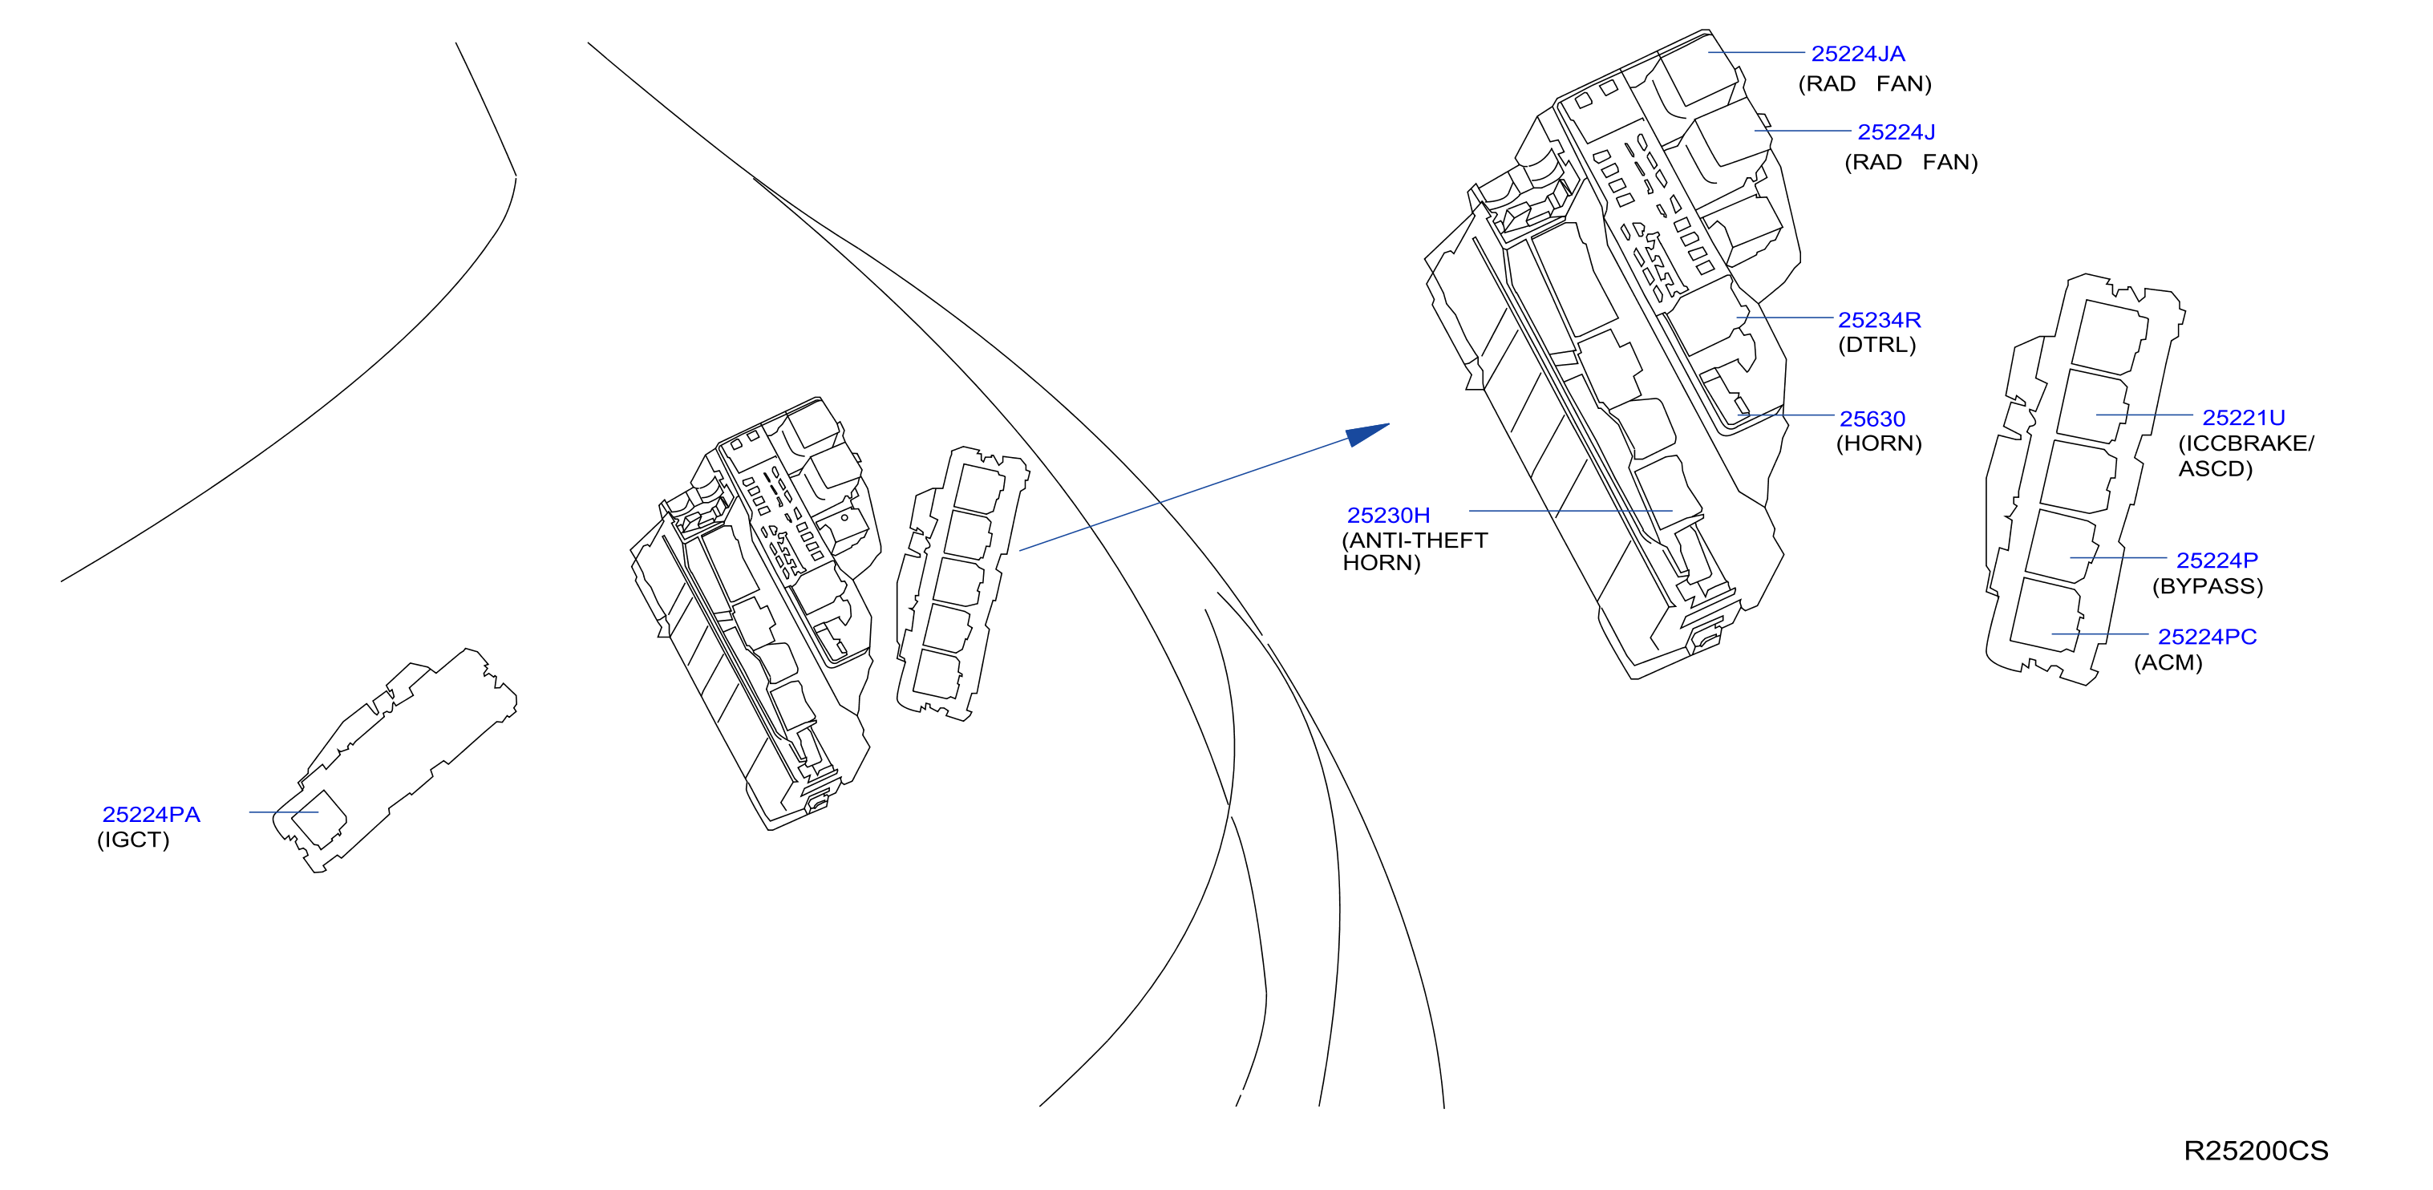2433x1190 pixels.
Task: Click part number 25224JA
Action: [x=1857, y=54]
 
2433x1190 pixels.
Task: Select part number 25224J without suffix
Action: [x=1896, y=132]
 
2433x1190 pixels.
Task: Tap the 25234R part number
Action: [x=1879, y=320]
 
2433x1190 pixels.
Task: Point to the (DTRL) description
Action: [x=1876, y=345]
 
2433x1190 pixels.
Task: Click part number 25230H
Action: [x=1387, y=516]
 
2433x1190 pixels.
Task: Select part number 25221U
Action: [x=2243, y=418]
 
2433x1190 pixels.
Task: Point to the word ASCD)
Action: [x=2215, y=468]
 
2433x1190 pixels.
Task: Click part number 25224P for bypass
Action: [x=2216, y=560]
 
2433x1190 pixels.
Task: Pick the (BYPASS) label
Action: [x=2208, y=585]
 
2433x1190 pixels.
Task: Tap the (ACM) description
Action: [x=2168, y=662]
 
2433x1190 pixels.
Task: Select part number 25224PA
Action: [x=151, y=814]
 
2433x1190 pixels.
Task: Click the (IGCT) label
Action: [x=133, y=840]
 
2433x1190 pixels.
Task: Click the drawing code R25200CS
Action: [x=2256, y=1151]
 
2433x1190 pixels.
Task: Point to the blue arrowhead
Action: [x=1366, y=435]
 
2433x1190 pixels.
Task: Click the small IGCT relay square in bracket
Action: [x=318, y=818]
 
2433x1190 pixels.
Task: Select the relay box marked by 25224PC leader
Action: [x=2046, y=615]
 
